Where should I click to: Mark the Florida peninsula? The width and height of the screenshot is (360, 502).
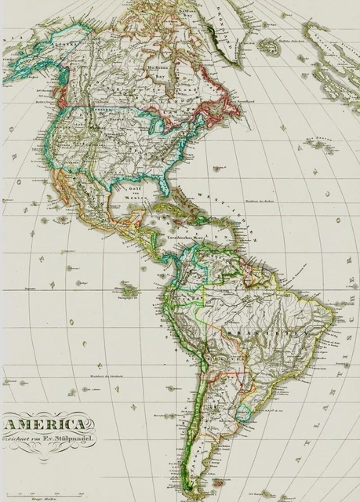(x=166, y=189)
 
